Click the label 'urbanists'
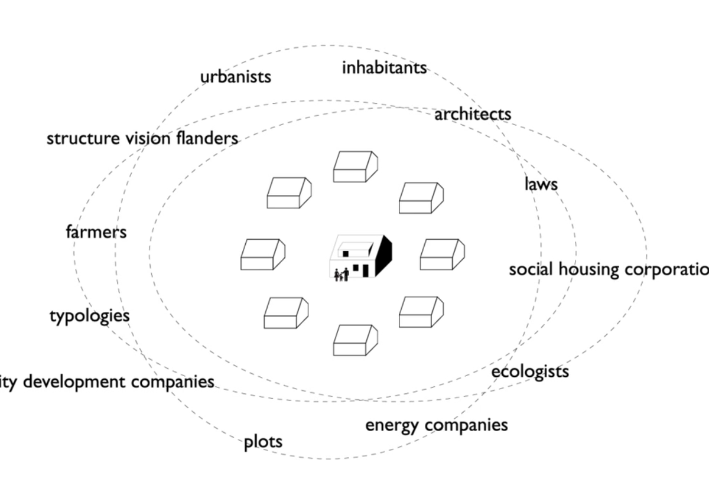[235, 77]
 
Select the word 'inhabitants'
[384, 68]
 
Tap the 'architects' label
[473, 114]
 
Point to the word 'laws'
[541, 184]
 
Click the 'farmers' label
[96, 232]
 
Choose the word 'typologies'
[89, 316]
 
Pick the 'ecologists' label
[530, 371]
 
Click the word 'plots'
[263, 442]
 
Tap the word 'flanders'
[207, 139]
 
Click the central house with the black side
[360, 257]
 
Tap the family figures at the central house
[341, 275]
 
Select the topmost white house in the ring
[355, 167]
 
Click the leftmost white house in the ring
[262, 255]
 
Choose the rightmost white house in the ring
[443, 255]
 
